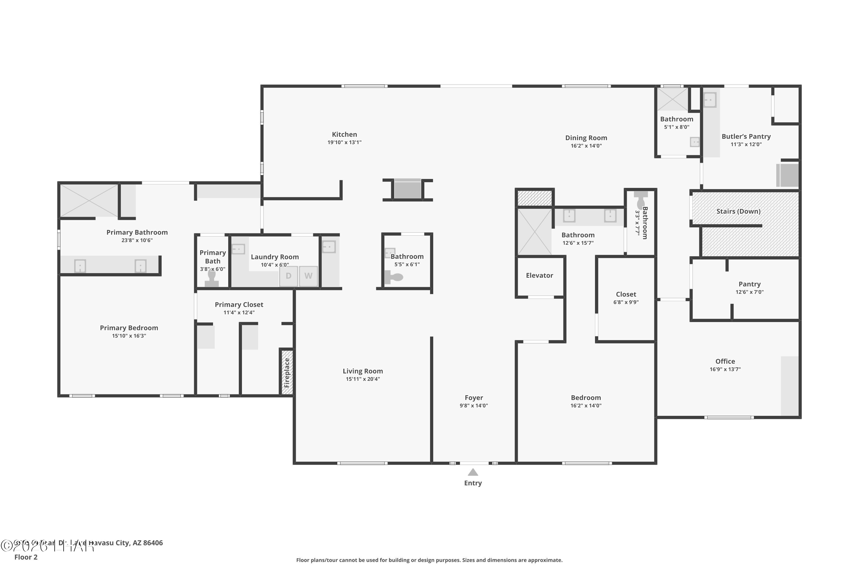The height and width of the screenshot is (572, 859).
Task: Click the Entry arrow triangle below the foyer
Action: tap(473, 472)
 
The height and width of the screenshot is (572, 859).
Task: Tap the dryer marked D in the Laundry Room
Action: tap(288, 276)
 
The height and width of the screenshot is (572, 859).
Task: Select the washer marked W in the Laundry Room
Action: tap(308, 276)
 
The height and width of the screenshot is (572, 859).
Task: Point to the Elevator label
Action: tap(539, 275)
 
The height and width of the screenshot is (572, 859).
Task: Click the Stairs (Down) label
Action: tap(738, 211)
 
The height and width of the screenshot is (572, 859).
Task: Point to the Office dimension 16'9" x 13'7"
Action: tap(725, 369)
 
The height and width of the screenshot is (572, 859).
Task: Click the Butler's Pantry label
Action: tap(746, 136)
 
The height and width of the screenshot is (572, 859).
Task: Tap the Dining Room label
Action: tap(586, 138)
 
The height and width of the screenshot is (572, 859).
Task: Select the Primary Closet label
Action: tap(239, 305)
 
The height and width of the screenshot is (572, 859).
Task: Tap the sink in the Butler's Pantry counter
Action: tap(710, 100)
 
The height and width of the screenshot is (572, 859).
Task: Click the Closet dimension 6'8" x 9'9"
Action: tap(626, 302)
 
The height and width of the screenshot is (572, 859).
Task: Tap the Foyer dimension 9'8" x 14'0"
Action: tap(473, 406)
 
